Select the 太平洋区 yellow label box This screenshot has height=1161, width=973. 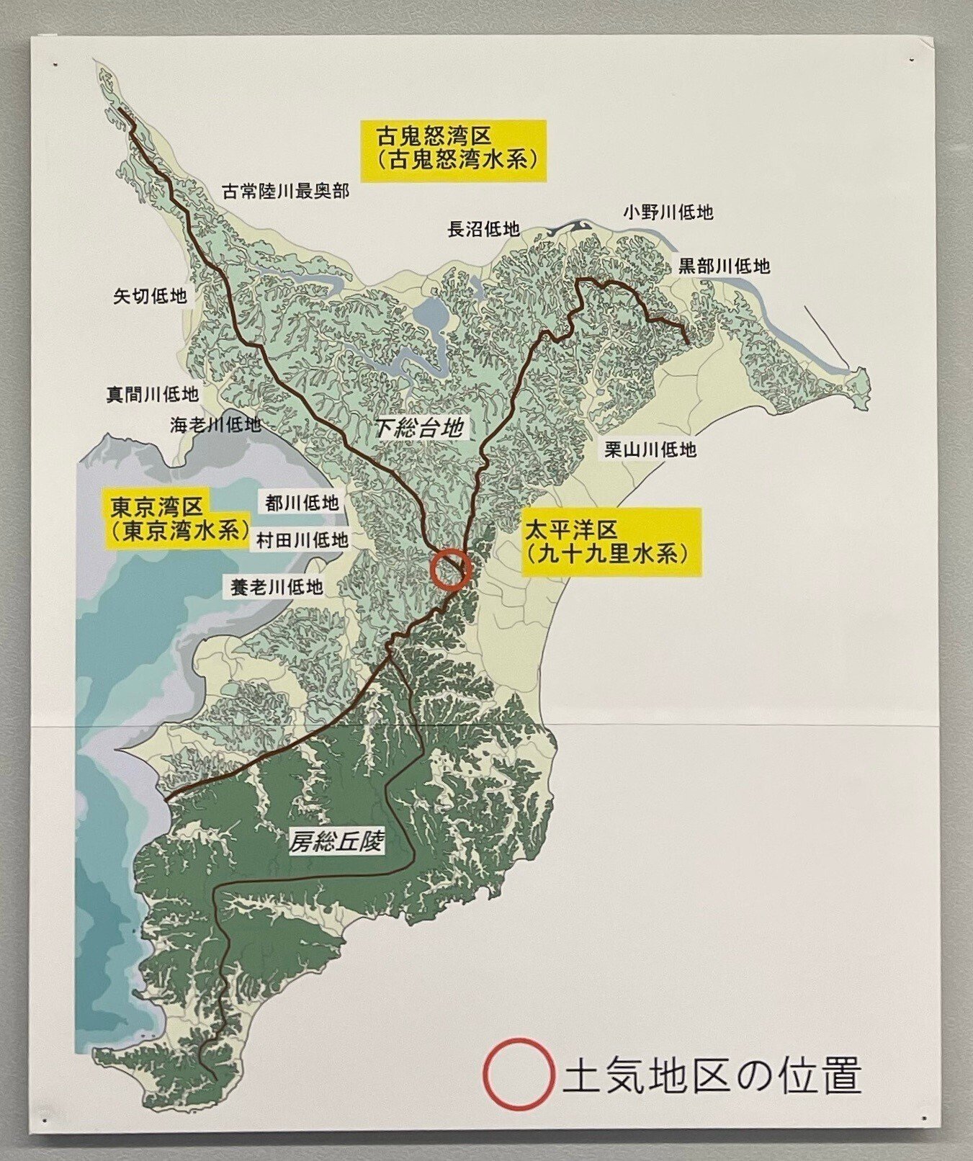(611, 542)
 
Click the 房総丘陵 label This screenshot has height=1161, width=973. (336, 841)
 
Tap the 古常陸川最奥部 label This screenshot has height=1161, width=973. (285, 191)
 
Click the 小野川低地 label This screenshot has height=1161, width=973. (668, 212)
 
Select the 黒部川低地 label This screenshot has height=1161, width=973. (724, 266)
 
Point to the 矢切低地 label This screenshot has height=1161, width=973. (150, 295)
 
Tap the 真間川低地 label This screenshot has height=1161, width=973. (152, 394)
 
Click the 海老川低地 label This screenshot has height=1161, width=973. (215, 424)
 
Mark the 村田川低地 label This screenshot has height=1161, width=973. (298, 539)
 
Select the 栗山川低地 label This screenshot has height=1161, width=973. (650, 449)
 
